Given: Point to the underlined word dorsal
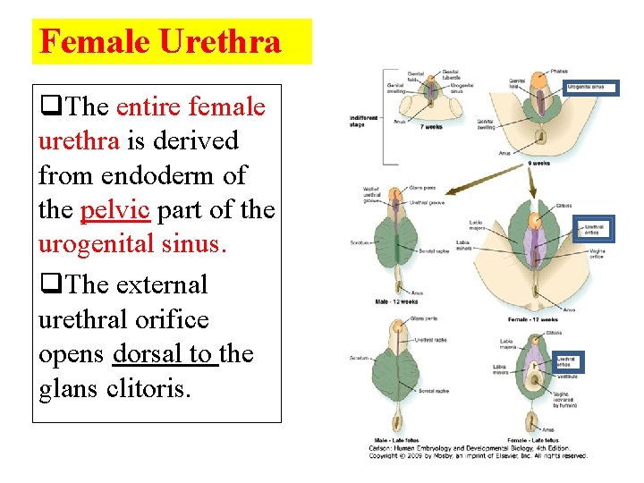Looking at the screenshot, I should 149,354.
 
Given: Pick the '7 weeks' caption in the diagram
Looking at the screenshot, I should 431,127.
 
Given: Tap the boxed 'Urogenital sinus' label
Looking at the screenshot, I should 590,88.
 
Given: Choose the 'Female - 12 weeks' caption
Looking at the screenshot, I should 533,319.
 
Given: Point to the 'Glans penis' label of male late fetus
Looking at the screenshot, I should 422,317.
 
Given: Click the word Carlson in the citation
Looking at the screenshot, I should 381,447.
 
